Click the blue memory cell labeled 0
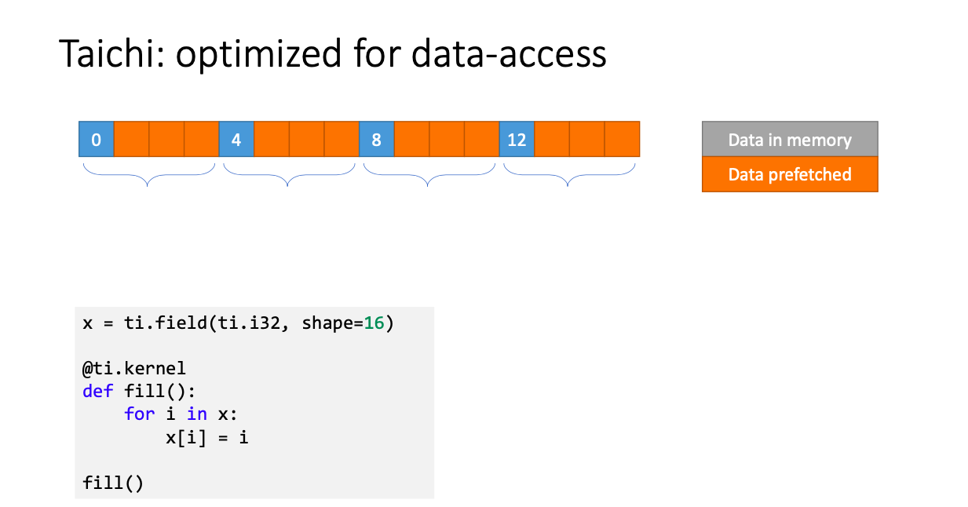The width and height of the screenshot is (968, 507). [97, 139]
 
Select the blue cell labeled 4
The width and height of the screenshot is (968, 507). [236, 139]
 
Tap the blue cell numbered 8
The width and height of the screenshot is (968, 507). [376, 139]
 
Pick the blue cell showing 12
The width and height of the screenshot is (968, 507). [517, 139]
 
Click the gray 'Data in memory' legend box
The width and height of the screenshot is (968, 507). [790, 139]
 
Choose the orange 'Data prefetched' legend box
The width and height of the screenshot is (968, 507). [790, 174]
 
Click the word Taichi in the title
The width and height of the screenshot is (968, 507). [112, 53]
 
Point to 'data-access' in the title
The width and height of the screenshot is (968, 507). [509, 53]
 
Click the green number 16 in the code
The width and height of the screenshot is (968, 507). [374, 323]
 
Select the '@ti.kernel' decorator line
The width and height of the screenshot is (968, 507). [134, 369]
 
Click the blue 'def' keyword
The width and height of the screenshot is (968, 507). [97, 392]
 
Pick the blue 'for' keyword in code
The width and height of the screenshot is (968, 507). [139, 414]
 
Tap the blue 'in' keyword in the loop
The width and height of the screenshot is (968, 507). [196, 414]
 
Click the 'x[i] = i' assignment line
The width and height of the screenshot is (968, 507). [207, 438]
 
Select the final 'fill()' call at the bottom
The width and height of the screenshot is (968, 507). [112, 483]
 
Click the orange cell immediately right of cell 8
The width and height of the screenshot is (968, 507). [412, 139]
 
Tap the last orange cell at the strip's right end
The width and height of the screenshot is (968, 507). [623, 139]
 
